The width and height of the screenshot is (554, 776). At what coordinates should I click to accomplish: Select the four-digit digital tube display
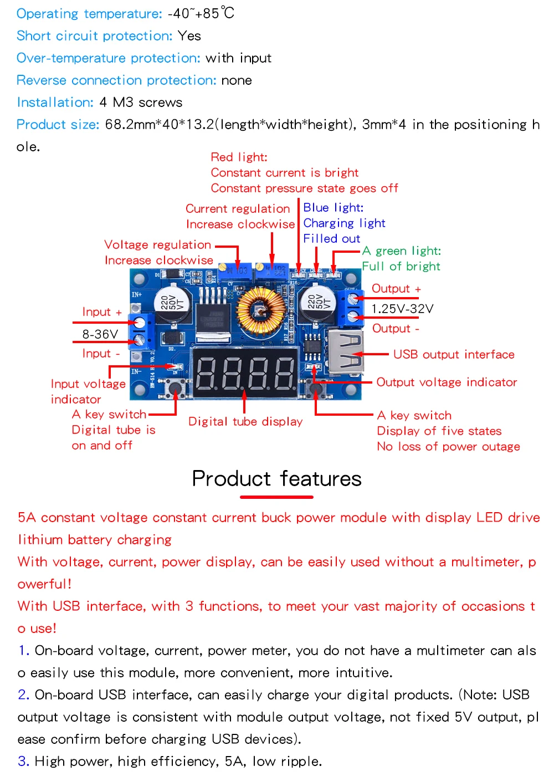pyautogui.click(x=245, y=372)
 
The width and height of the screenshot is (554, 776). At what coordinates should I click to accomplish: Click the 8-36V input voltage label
pyautogui.click(x=100, y=334)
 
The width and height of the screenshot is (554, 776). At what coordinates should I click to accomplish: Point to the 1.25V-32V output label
pyautogui.click(x=402, y=309)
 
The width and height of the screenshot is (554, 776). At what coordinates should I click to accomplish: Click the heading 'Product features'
pyautogui.click(x=276, y=479)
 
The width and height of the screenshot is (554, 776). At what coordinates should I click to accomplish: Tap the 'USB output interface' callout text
pyautogui.click(x=454, y=355)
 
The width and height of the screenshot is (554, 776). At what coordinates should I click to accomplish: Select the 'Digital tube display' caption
pyautogui.click(x=245, y=422)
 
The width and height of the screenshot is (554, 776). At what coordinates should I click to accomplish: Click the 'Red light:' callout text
pyautogui.click(x=239, y=157)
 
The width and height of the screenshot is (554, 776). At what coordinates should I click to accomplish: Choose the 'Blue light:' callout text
pyautogui.click(x=333, y=208)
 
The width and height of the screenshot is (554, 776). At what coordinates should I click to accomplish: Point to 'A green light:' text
pyautogui.click(x=402, y=251)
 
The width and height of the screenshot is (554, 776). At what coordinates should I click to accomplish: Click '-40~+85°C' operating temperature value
pyautogui.click(x=201, y=13)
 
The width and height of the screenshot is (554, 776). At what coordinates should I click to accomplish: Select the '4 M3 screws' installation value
pyautogui.click(x=141, y=103)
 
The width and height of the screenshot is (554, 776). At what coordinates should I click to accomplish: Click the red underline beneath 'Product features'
pyautogui.click(x=276, y=497)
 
